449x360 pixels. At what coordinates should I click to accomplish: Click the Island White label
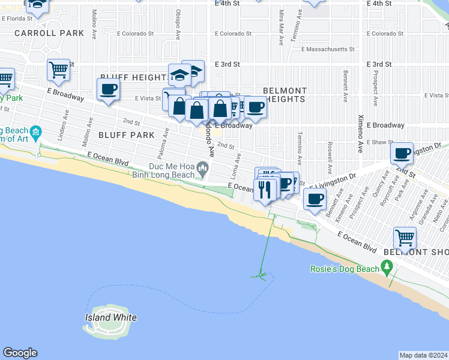pyautogui.click(x=111, y=317)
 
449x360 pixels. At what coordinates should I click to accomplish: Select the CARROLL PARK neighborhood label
pyautogui.click(x=49, y=33)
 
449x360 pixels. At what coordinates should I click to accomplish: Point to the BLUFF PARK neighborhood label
pyautogui.click(x=127, y=135)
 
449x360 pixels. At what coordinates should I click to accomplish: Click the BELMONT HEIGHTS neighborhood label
pyautogui.click(x=285, y=95)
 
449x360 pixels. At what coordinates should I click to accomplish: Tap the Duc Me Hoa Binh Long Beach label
pyautogui.click(x=169, y=171)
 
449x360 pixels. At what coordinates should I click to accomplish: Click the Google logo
pyautogui.click(x=20, y=353)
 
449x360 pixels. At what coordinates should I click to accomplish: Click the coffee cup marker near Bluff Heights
pyautogui.click(x=108, y=90)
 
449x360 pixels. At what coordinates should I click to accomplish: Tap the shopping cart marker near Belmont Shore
pyautogui.click(x=405, y=238)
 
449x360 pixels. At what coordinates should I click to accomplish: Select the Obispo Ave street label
pyautogui.click(x=178, y=25)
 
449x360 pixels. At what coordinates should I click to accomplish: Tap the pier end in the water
pyautogui.click(x=262, y=276)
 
